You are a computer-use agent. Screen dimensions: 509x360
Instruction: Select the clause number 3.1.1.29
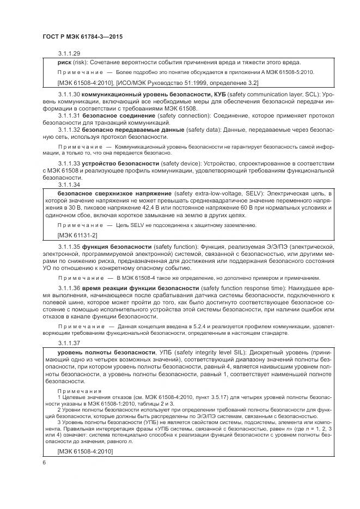pyautogui.click(x=69, y=54)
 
